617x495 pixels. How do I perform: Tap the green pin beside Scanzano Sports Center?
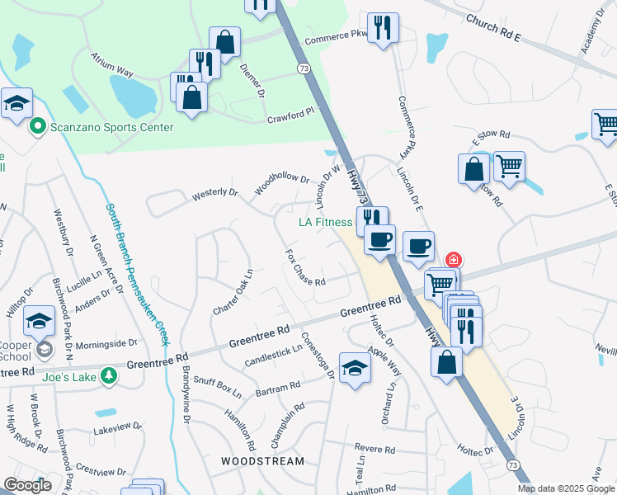pos(36,127)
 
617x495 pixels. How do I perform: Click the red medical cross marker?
pos(452,259)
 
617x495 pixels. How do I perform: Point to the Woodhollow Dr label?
pos(281,183)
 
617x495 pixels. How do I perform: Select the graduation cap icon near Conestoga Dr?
pos(355,369)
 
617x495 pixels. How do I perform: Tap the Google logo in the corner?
pos(27,486)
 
